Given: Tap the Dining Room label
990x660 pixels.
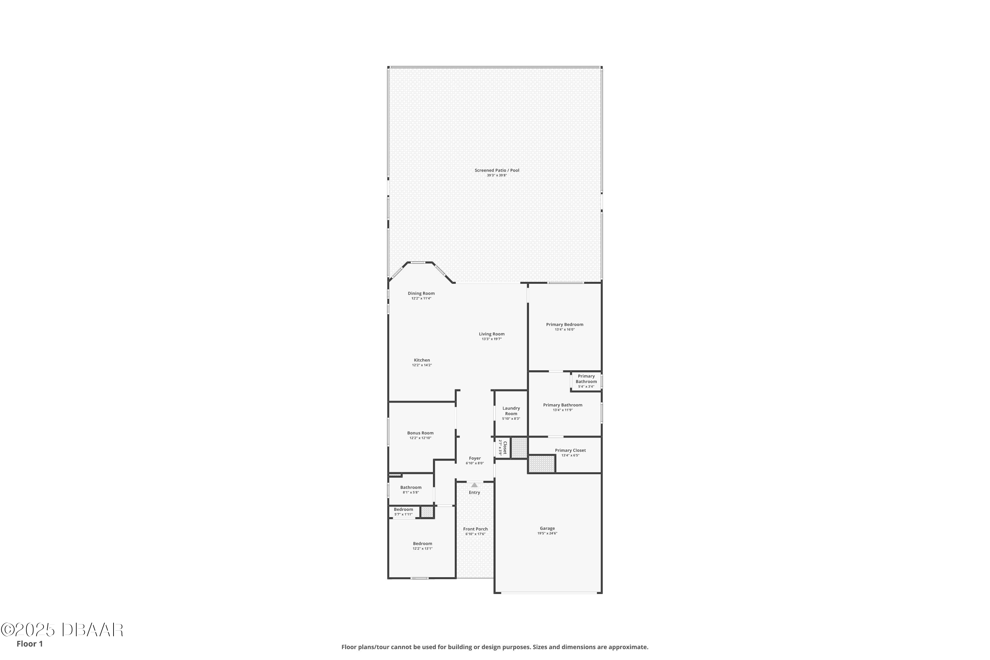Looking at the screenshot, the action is click(x=421, y=293).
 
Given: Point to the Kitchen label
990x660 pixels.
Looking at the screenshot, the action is click(x=422, y=360).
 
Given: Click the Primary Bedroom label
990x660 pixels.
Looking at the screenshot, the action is click(x=564, y=324).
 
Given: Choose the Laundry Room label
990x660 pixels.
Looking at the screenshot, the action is click(x=511, y=411).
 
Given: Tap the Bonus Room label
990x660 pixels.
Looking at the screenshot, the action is click(x=420, y=433).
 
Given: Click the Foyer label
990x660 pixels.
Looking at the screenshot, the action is click(x=475, y=458).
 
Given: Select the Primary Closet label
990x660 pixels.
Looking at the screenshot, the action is click(x=570, y=450).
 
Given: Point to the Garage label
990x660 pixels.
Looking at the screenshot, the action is click(x=547, y=528).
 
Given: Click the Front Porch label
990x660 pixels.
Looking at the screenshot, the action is click(x=475, y=529).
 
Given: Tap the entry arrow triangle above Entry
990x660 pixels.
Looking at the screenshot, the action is click(x=475, y=485).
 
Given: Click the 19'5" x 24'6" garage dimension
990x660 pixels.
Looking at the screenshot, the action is click(x=547, y=533).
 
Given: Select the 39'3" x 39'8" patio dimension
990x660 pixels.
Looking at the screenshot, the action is click(x=497, y=176).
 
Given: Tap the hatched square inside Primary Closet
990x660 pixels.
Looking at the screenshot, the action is click(x=542, y=464).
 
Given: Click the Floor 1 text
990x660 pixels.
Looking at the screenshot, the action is click(x=29, y=643).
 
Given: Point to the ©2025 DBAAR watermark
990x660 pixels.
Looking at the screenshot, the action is click(x=62, y=630).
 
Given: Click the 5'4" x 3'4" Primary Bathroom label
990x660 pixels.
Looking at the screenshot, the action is click(x=586, y=386).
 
